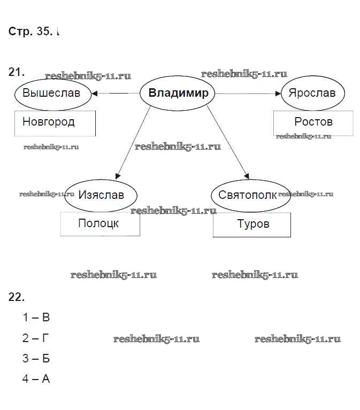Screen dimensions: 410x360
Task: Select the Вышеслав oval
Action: click(x=51, y=94)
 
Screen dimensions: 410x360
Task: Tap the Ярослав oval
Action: click(x=312, y=93)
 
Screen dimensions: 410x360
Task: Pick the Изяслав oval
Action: click(x=101, y=195)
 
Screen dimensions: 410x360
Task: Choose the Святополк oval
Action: click(x=247, y=195)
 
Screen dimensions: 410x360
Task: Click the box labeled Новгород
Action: click(x=55, y=123)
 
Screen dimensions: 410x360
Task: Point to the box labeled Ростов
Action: click(x=313, y=123)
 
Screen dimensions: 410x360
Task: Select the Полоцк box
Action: click(x=100, y=224)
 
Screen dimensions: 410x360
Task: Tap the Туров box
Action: click(x=252, y=225)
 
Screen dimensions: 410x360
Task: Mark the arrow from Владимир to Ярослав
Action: click(x=249, y=94)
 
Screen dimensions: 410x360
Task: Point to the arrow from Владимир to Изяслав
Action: click(x=133, y=142)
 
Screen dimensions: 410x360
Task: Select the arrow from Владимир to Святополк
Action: click(x=228, y=142)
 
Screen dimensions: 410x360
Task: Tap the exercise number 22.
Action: click(x=17, y=297)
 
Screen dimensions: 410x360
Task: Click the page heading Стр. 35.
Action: click(x=30, y=32)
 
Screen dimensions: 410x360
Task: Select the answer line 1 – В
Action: click(x=36, y=318)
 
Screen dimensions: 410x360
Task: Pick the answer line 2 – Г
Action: click(x=36, y=338)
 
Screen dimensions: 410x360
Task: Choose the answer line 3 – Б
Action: click(x=36, y=359)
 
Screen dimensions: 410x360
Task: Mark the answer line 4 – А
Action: click(x=36, y=379)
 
